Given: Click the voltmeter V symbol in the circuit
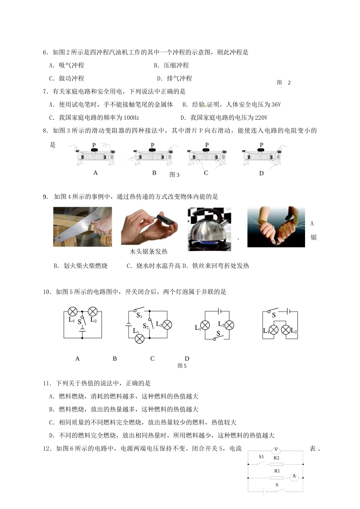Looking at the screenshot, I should tap(276, 450).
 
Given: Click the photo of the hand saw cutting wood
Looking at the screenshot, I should tap(83, 227).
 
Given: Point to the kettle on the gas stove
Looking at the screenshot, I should tap(209, 229).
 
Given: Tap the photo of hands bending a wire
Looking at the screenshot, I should tap(276, 227).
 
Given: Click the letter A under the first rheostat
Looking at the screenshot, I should tap(95, 173).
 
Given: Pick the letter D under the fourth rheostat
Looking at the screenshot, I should tap(261, 173).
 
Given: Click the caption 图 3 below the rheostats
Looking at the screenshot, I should tap(174, 175).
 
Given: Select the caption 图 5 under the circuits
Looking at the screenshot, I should tap(182, 366).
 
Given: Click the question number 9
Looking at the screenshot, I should tap(46, 197).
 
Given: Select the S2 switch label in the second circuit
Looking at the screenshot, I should tap(146, 326).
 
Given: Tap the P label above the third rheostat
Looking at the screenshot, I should tap(207, 145).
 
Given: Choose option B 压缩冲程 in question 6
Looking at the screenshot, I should tap(171, 66).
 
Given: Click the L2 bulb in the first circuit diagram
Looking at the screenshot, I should tap(92, 312).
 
